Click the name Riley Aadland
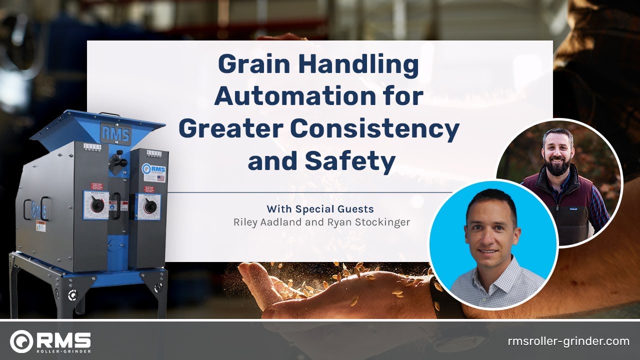[x=269, y=222]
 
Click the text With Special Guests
[x=320, y=208]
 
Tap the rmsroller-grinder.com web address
[x=568, y=341]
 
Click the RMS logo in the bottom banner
[x=50, y=341]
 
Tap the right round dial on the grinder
[x=148, y=206]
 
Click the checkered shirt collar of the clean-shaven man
[x=487, y=273]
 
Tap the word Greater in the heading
[x=230, y=128]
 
